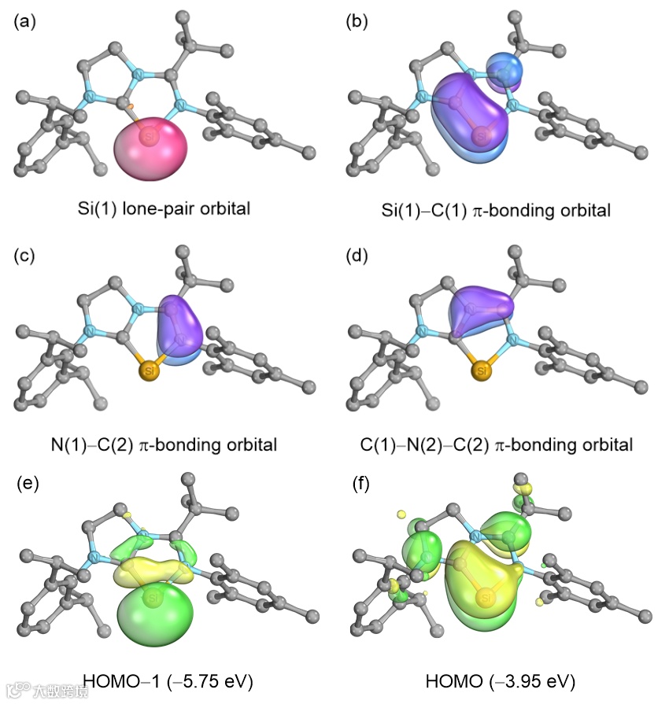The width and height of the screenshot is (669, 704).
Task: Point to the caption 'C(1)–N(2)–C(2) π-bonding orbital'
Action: pos(496,444)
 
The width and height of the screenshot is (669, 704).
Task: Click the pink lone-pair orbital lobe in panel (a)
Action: pos(153,146)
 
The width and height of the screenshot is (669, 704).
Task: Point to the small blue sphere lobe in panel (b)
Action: pos(504,69)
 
